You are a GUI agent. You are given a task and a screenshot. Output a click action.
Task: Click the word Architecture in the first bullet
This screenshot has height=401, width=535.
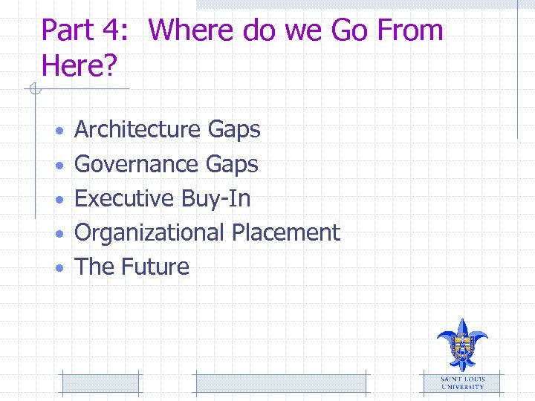tap(138, 130)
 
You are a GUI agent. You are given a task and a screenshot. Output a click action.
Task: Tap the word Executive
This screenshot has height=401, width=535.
tap(125, 198)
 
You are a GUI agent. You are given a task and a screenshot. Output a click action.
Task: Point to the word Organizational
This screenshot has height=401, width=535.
tap(150, 233)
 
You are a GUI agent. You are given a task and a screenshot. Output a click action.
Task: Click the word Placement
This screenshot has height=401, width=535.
tap(285, 232)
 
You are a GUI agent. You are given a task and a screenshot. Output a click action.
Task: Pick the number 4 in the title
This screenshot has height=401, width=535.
tap(117, 30)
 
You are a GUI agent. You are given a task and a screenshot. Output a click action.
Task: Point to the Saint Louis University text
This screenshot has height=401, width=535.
tap(462, 382)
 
